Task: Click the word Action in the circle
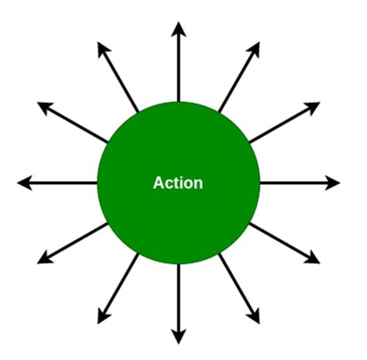tap(178, 183)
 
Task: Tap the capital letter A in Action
tap(159, 183)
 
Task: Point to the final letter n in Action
tap(198, 184)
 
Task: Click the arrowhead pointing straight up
tap(179, 29)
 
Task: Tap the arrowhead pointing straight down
tap(179, 337)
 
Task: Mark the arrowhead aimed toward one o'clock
tap(255, 50)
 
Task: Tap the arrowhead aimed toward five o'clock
tap(255, 317)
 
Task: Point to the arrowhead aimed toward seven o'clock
tap(103, 317)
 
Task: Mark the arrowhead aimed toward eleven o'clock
tap(103, 50)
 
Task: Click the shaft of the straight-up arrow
tap(179, 70)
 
